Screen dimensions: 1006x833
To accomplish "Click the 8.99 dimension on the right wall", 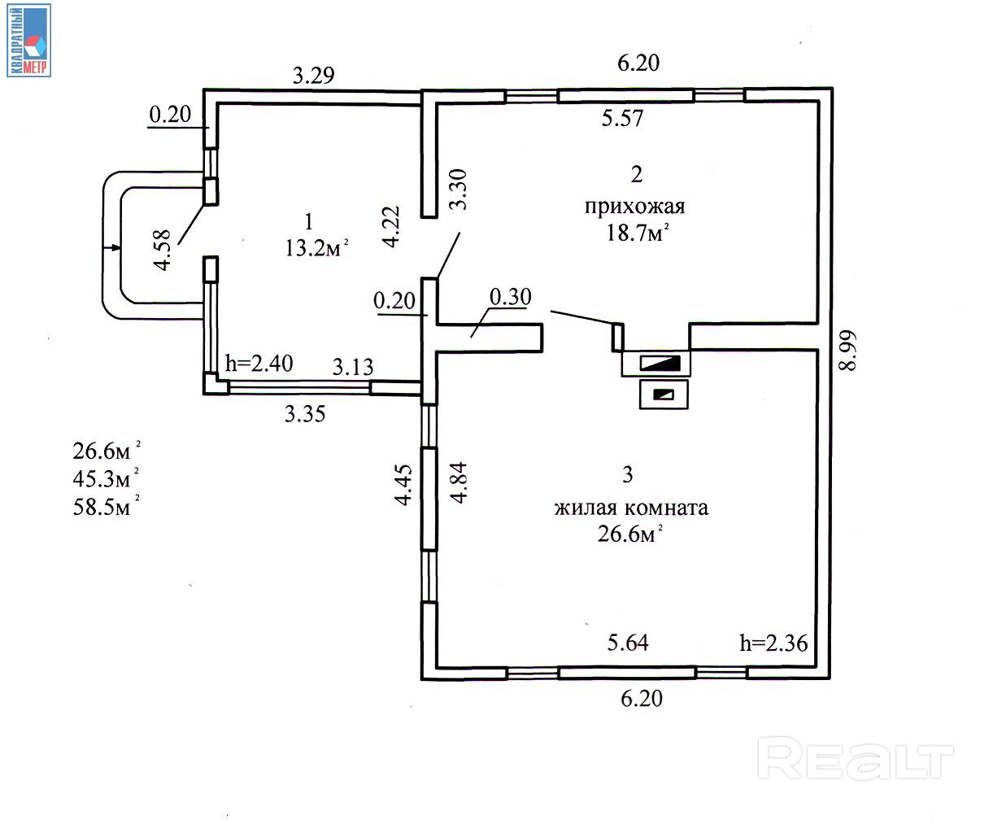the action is tap(847, 351).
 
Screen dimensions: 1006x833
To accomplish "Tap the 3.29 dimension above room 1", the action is tap(313, 76).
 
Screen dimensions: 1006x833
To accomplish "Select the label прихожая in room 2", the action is tap(634, 207).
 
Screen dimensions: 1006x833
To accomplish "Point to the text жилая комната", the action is tap(631, 508).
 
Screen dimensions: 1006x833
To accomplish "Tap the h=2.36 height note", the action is tap(773, 643).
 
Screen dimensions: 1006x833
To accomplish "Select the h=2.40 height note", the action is tap(259, 363).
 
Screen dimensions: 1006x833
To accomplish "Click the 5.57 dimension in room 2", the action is tap(622, 119).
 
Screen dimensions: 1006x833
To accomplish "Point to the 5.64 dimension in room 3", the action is tap(628, 643).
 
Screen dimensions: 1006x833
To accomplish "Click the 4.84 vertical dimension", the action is tap(459, 483).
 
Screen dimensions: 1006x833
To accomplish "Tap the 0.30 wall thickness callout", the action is tap(510, 298).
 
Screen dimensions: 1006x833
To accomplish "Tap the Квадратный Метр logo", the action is tap(28, 41).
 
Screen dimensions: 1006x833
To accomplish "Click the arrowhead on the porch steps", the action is tap(116, 247).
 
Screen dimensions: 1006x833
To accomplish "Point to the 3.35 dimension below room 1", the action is tap(305, 414).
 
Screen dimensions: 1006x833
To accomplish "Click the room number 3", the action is tap(627, 474).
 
